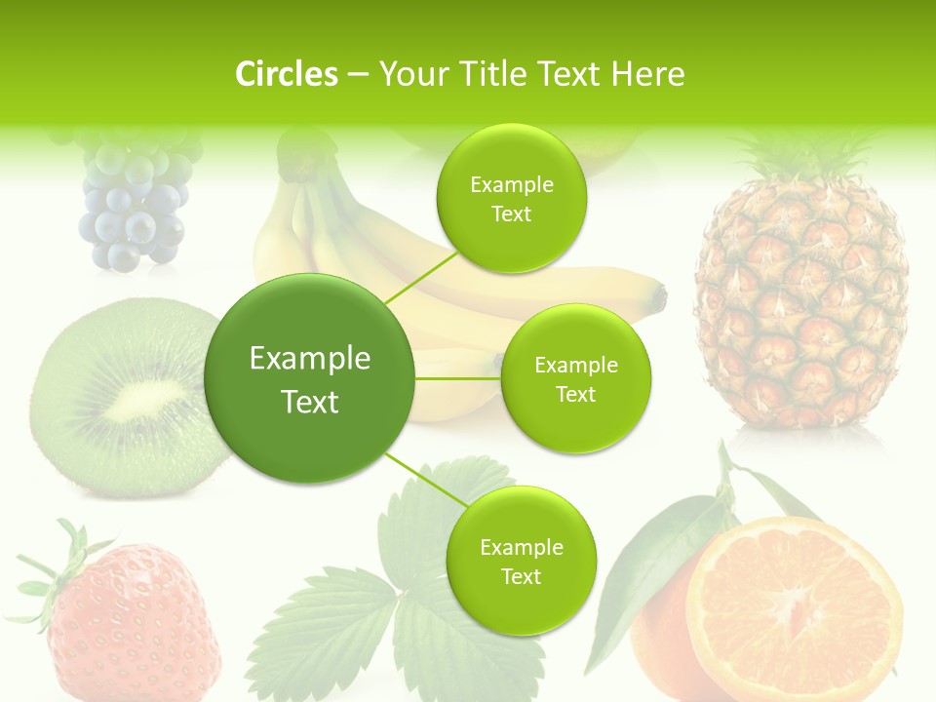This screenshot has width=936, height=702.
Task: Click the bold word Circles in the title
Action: pyautogui.click(x=287, y=74)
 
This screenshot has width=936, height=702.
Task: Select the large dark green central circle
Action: pyautogui.click(x=310, y=378)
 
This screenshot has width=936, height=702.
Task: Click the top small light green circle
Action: pyautogui.click(x=512, y=198)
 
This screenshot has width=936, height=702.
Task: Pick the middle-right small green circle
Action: pyautogui.click(x=575, y=378)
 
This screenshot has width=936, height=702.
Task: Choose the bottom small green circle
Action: pyautogui.click(x=521, y=561)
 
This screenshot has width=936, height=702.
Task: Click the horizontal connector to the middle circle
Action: pyautogui.click(x=458, y=378)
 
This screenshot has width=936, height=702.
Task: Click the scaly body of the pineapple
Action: pyautogui.click(x=801, y=312)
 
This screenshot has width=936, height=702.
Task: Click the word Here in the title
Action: pyautogui.click(x=647, y=74)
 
